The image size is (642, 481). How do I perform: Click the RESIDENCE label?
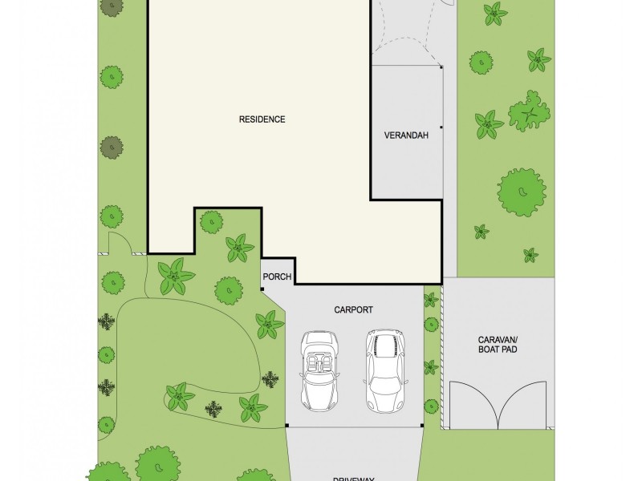pyautogui.click(x=262, y=119)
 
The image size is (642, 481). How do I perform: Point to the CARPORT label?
pyautogui.click(x=354, y=309)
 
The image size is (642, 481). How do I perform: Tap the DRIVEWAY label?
pyautogui.click(x=354, y=474)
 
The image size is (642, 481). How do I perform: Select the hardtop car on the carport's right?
pyautogui.click(x=384, y=370)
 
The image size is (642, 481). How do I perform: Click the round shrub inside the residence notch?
pyautogui.click(x=211, y=221)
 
